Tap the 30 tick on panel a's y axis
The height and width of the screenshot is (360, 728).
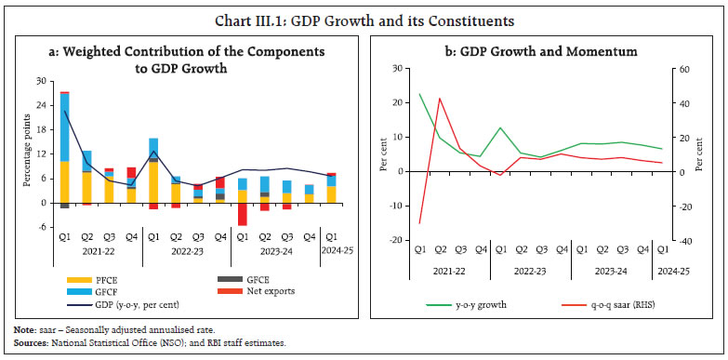pos(40,81)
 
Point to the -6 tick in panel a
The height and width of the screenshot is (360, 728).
pos(40,226)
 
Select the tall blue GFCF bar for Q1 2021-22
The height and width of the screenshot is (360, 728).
pos(65,127)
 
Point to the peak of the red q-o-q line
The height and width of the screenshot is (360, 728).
pos(439,98)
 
